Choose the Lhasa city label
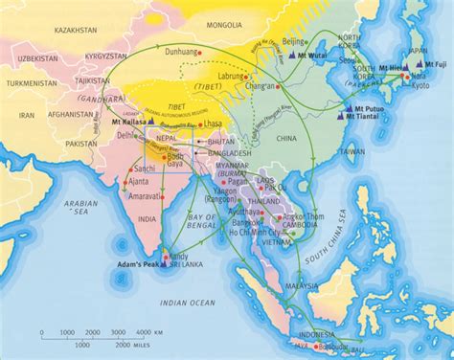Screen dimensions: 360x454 [211, 126]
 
